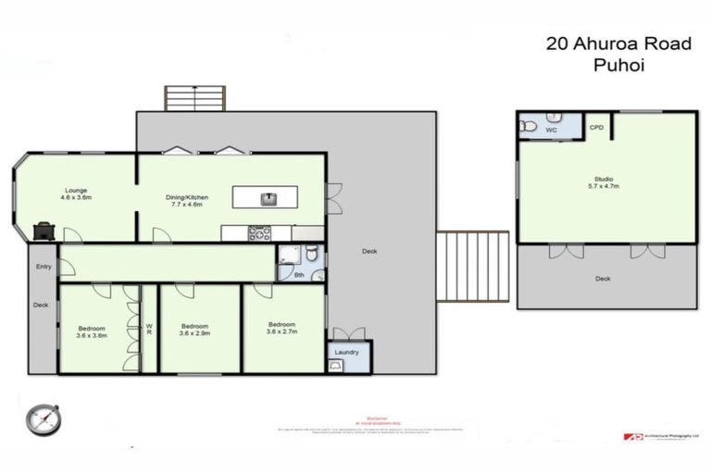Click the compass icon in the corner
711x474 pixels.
pyautogui.click(x=44, y=418)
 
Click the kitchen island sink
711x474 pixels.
pyautogui.click(x=268, y=196)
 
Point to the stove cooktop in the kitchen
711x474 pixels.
pyautogui.click(x=259, y=232)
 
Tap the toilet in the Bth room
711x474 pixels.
pyautogui.click(x=313, y=254)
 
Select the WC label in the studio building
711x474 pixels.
pyautogui.click(x=551, y=131)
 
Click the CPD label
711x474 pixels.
pyautogui.click(x=597, y=127)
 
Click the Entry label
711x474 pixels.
pyautogui.click(x=44, y=267)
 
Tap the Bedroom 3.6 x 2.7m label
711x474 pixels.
pyautogui.click(x=282, y=328)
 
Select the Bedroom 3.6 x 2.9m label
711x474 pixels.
pyautogui.click(x=194, y=330)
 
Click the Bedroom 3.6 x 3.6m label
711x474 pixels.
pyautogui.click(x=93, y=331)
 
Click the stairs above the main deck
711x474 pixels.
pyautogui.click(x=194, y=98)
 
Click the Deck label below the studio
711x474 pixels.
pyautogui.click(x=603, y=278)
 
